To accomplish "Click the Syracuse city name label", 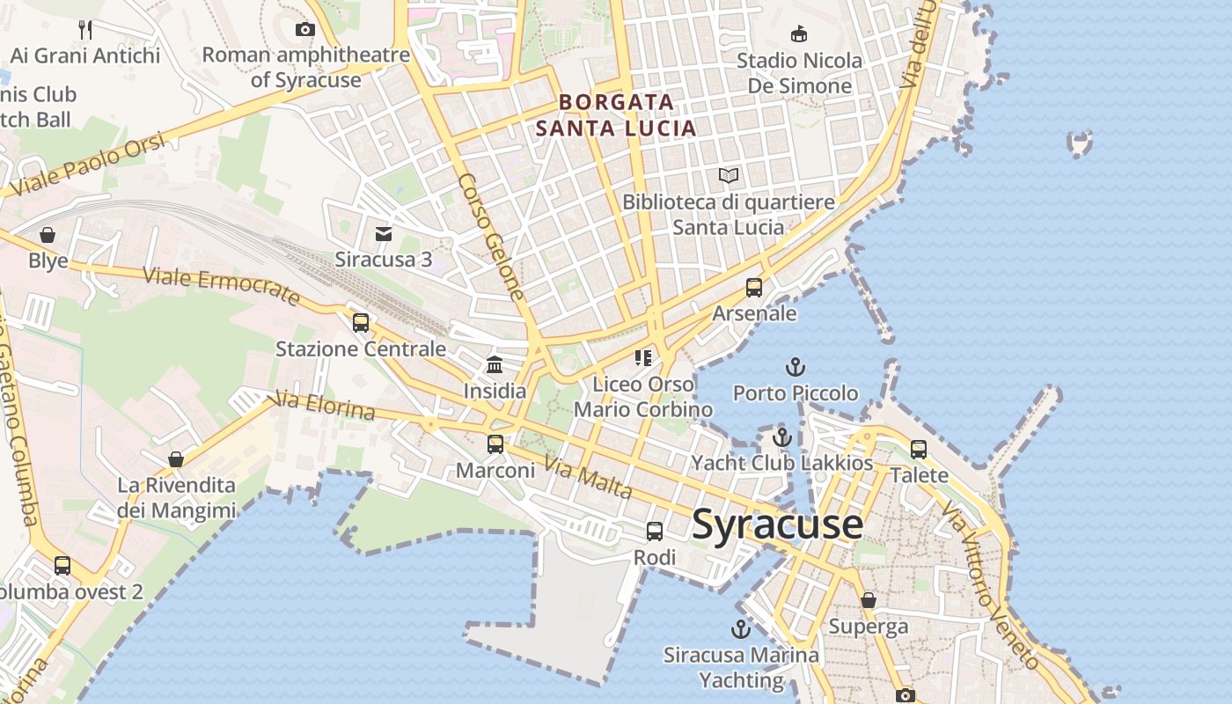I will click(x=777, y=524).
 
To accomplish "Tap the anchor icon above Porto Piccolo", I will click(x=796, y=367).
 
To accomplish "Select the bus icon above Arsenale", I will click(x=754, y=288).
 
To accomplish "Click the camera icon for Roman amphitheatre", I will click(x=305, y=29).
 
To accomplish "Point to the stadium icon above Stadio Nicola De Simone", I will click(x=799, y=34).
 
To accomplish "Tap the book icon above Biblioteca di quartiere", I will click(x=729, y=176).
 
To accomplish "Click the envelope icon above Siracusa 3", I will click(x=384, y=234).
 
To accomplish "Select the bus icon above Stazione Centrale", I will click(x=361, y=323).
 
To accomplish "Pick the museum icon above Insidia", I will click(x=495, y=364).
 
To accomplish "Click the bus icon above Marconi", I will click(x=495, y=444).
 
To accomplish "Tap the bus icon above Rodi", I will click(x=655, y=532).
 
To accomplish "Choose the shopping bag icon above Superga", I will click(x=869, y=600).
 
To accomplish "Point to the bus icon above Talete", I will click(x=919, y=450).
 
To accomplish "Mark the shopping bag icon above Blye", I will click(x=48, y=235).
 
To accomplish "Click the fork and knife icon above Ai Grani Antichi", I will click(x=85, y=30).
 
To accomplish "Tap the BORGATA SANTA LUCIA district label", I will click(x=616, y=115).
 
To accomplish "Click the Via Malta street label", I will click(x=587, y=478).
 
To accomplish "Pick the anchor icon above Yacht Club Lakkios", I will click(x=782, y=437).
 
